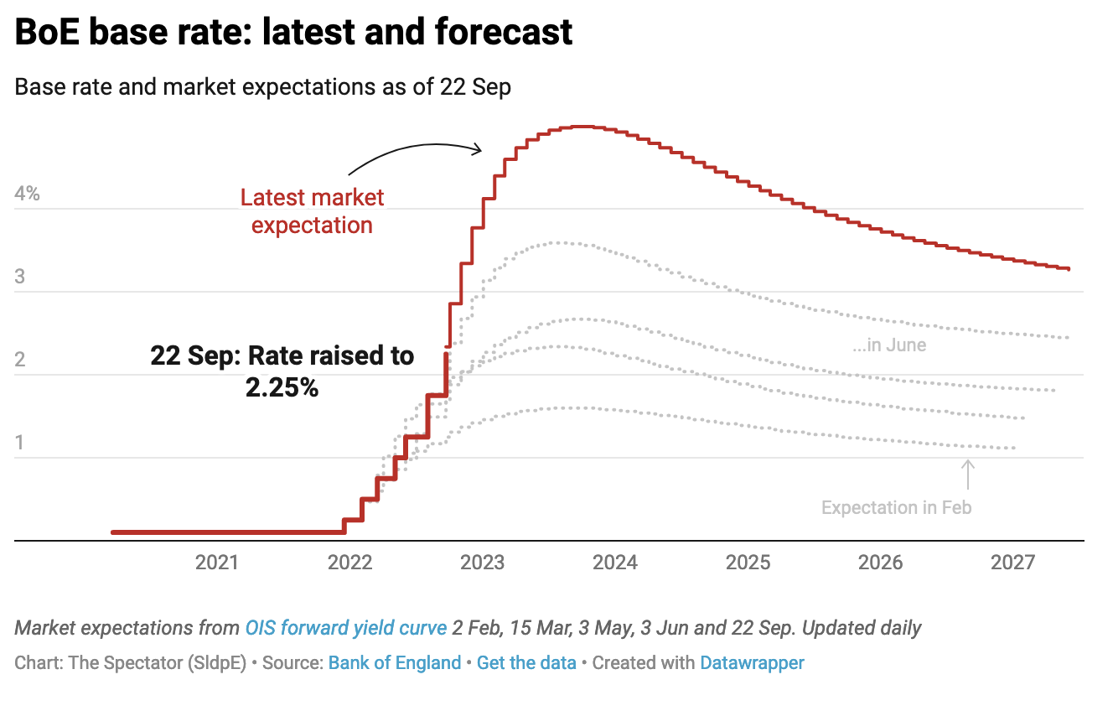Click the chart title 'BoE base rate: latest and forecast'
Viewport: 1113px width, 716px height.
click(293, 32)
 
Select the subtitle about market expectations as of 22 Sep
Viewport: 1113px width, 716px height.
click(262, 87)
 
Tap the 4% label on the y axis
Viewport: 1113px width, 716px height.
click(28, 194)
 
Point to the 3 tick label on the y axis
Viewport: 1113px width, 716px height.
click(20, 277)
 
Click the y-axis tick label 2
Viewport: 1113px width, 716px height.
click(20, 360)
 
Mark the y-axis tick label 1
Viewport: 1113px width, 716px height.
click(20, 443)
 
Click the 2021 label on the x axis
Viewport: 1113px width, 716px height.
click(217, 563)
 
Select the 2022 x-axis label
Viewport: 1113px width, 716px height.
click(349, 563)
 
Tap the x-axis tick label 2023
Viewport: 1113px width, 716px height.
click(483, 563)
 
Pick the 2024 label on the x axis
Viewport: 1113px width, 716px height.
click(615, 563)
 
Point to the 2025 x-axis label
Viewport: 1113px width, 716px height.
click(748, 563)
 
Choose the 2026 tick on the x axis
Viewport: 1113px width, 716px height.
click(881, 563)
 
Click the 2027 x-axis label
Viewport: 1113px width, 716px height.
click(1014, 563)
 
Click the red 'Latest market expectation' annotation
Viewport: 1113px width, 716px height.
click(312, 211)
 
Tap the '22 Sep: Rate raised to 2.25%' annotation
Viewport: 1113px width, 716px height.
click(282, 371)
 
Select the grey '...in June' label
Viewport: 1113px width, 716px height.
click(890, 345)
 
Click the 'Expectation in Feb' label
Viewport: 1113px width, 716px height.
click(896, 507)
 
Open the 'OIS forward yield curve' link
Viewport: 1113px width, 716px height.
click(345, 628)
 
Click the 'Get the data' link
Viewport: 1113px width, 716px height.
click(526, 663)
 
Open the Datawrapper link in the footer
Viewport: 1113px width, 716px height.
click(752, 663)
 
